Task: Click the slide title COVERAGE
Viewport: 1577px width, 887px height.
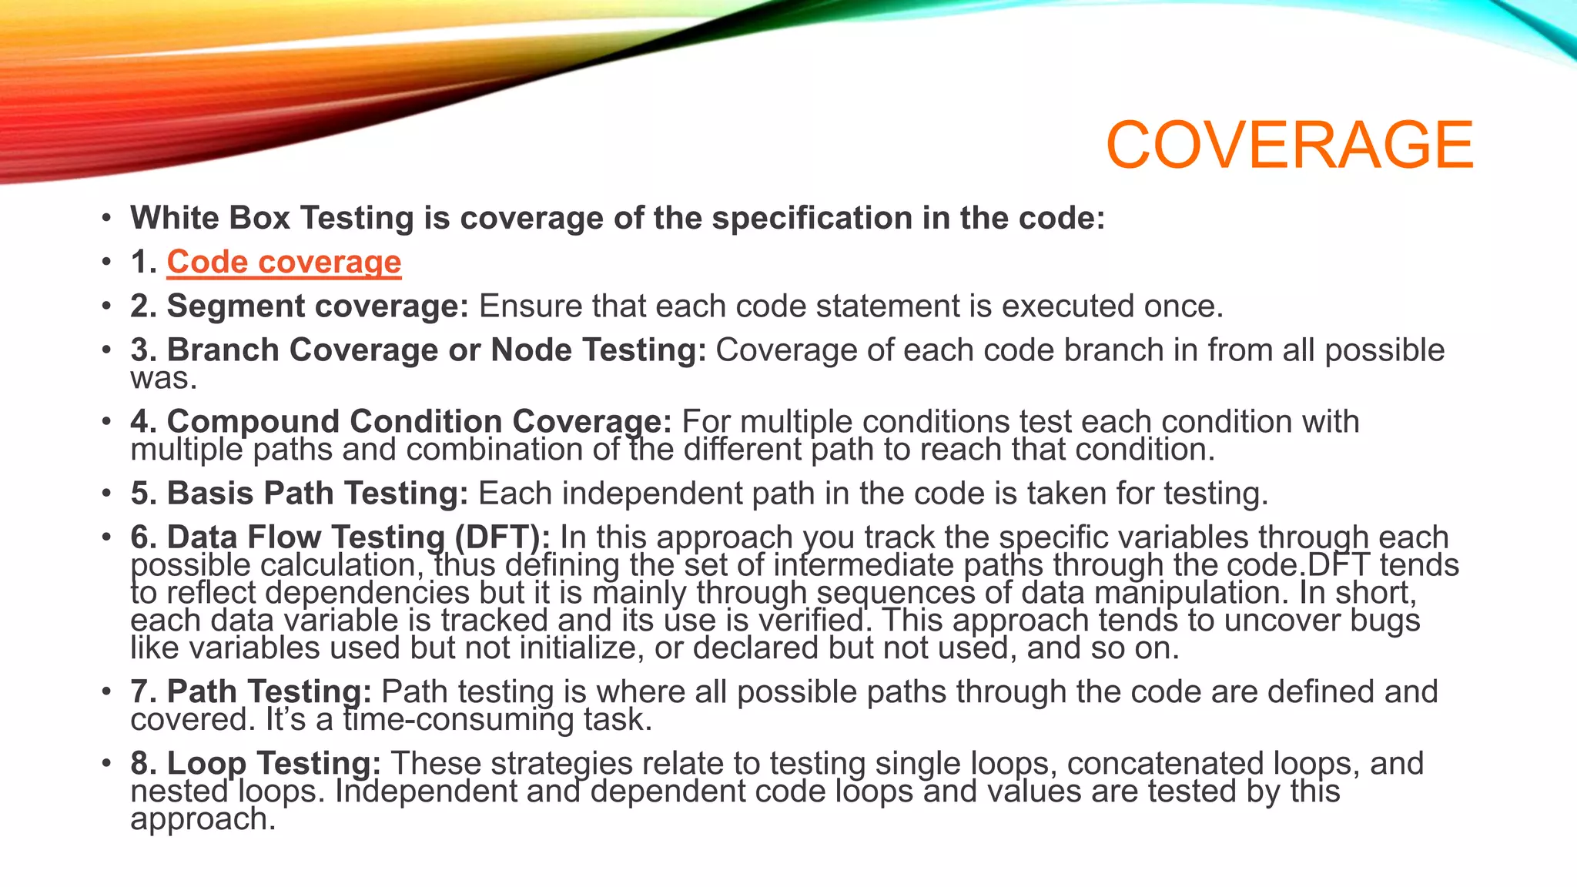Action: coord(1289,145)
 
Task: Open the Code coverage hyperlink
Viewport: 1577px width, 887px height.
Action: coord(283,262)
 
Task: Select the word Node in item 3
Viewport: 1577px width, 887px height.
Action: coord(531,350)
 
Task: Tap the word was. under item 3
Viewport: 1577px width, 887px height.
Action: coord(163,378)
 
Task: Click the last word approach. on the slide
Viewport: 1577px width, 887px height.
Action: coord(203,819)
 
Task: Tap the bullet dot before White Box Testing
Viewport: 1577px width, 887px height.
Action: coord(106,219)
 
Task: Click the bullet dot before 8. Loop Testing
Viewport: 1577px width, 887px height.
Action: coord(106,764)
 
